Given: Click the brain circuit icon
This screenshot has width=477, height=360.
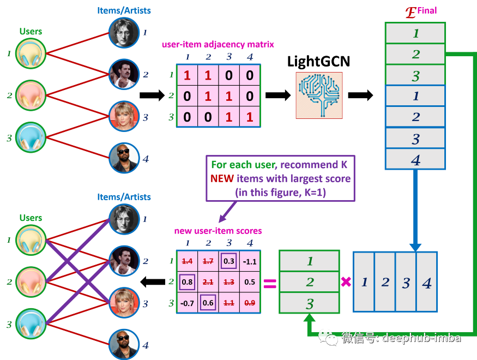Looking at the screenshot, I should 319,95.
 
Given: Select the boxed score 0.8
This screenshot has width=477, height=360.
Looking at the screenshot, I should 187,281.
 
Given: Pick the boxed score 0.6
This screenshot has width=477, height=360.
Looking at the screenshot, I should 208,302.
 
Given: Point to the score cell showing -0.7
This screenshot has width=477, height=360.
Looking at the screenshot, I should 187,302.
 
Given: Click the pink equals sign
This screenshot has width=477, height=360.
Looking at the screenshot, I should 270,283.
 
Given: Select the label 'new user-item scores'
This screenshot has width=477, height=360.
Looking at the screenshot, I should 218,231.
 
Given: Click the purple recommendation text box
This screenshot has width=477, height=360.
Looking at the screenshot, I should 281,178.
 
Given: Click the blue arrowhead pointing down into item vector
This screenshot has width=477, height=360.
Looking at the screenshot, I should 416,247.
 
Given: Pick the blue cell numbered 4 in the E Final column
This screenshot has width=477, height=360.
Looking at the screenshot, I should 415,160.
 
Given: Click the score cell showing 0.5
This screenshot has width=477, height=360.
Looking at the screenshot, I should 250,281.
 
